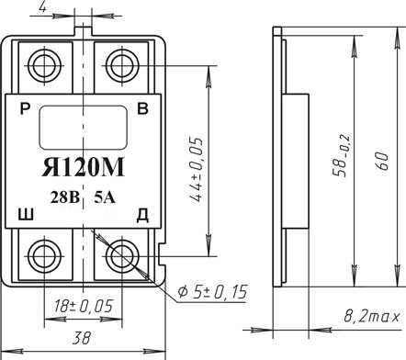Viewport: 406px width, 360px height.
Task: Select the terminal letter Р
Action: click(x=24, y=108)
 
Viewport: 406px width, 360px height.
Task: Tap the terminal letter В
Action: click(x=142, y=108)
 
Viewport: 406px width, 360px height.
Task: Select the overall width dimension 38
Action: click(x=83, y=336)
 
